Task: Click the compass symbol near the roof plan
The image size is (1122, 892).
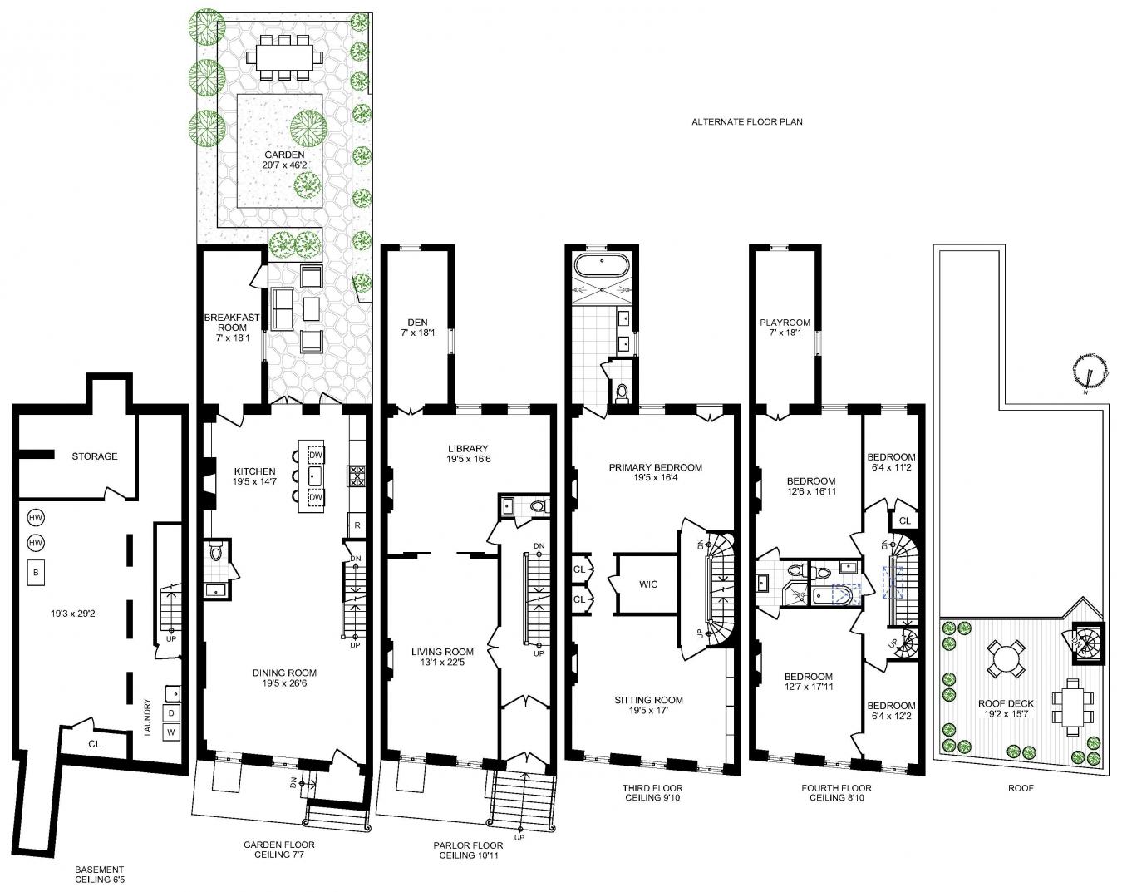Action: pyautogui.click(x=1090, y=372)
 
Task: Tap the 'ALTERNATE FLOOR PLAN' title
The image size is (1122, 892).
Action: pyautogui.click(x=746, y=122)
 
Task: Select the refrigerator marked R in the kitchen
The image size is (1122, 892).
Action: pyautogui.click(x=357, y=525)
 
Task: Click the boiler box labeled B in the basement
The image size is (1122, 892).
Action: pyautogui.click(x=36, y=572)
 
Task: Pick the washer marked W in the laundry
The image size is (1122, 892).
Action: pyautogui.click(x=171, y=732)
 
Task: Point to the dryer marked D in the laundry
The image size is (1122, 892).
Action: pyautogui.click(x=171, y=713)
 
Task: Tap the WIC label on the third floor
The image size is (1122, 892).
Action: pyautogui.click(x=648, y=584)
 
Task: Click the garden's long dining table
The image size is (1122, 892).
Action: pyautogui.click(x=284, y=57)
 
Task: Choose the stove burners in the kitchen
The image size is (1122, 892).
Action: pyautogui.click(x=357, y=476)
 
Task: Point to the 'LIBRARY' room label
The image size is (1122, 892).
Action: pyautogui.click(x=468, y=449)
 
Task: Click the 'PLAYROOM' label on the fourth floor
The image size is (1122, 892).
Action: pyautogui.click(x=785, y=323)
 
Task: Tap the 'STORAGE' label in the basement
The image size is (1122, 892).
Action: pyautogui.click(x=95, y=456)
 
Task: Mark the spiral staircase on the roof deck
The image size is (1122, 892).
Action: pyautogui.click(x=1088, y=643)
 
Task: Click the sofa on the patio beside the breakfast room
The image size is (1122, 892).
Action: pyautogui.click(x=282, y=308)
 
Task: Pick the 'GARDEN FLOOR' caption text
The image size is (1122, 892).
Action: pyautogui.click(x=279, y=845)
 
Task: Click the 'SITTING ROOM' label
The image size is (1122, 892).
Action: pyautogui.click(x=648, y=700)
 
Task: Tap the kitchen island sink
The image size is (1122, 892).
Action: pyautogui.click(x=315, y=476)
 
